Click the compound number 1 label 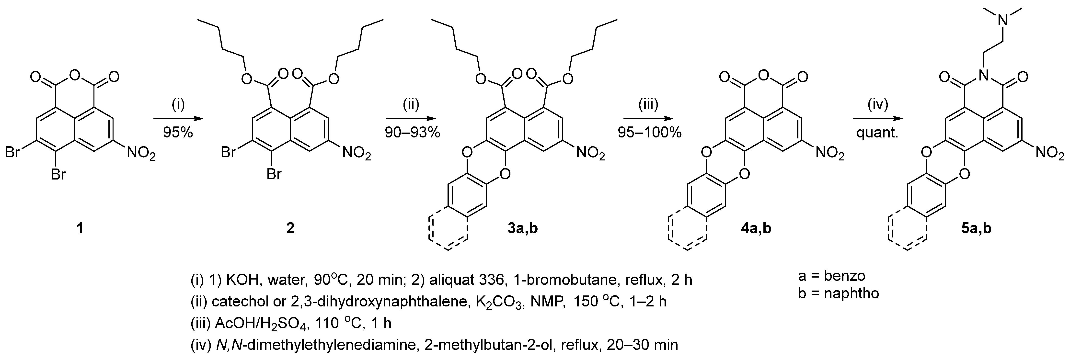click(x=80, y=228)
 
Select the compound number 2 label click(x=290, y=228)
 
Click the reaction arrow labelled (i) click(x=178, y=119)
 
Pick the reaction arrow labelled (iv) click(x=878, y=119)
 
